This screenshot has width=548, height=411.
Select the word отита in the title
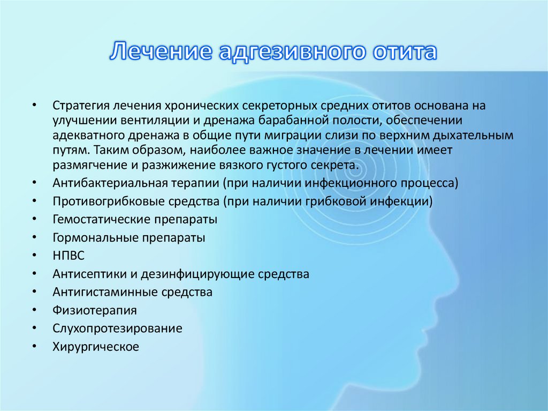point(403,53)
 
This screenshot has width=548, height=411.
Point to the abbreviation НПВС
point(69,256)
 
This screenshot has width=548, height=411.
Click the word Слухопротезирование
point(117,328)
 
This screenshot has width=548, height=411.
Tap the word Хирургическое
point(96,347)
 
